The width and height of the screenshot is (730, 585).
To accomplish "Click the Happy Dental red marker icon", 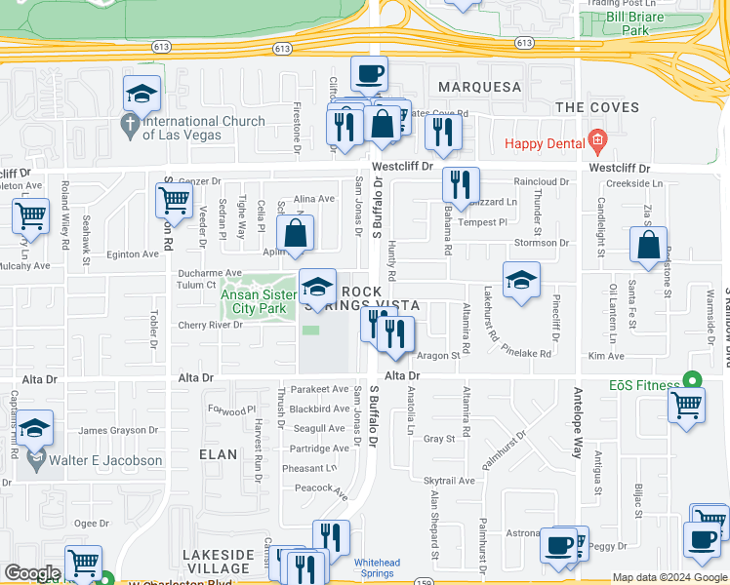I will click(x=597, y=143).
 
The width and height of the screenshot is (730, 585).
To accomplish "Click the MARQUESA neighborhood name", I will click(x=479, y=87).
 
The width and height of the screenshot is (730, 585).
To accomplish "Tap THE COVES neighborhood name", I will click(x=596, y=107).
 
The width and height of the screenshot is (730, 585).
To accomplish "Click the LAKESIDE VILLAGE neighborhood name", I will click(x=219, y=561).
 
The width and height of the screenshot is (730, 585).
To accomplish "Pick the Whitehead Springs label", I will click(x=378, y=567).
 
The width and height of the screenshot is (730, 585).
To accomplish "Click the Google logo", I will click(x=32, y=573).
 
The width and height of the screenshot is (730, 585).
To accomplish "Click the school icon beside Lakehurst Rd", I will click(x=521, y=280).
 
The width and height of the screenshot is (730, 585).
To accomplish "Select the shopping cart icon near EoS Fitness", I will click(x=687, y=405).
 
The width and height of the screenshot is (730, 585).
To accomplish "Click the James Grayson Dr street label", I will click(x=116, y=430).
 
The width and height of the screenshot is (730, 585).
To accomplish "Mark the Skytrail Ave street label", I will click(x=449, y=481).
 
